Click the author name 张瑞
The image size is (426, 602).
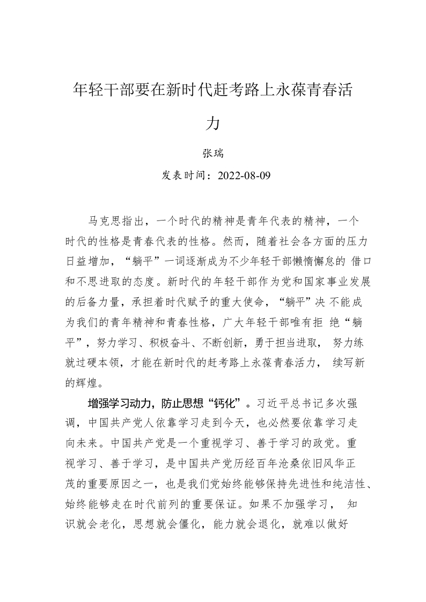tap(213, 153)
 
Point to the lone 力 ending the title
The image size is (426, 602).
tap(213, 123)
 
